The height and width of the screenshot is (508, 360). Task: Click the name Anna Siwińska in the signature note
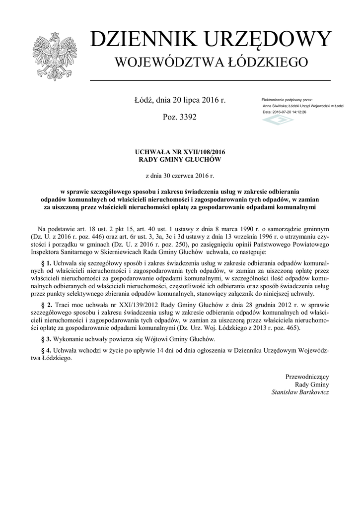(274, 106)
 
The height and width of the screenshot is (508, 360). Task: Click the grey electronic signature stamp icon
(278, 120)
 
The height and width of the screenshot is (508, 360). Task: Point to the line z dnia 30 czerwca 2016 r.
(179, 176)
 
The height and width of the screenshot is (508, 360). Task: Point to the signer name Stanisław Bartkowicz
(300, 392)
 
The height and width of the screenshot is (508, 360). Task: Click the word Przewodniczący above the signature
(307, 377)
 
